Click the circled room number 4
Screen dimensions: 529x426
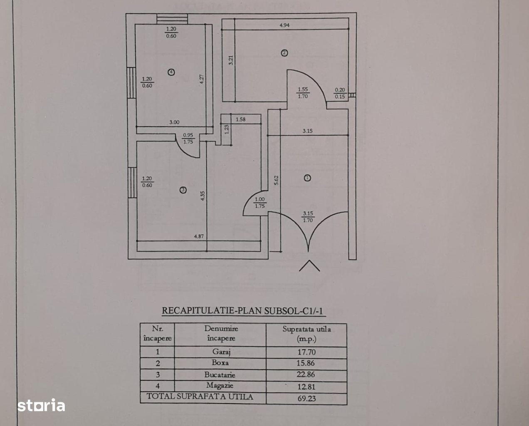(x=171, y=72)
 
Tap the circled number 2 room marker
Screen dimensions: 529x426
(x=284, y=53)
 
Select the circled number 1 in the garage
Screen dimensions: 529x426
(x=307, y=178)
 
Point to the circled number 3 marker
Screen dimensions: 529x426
(x=183, y=190)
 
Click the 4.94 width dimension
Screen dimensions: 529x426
(x=284, y=25)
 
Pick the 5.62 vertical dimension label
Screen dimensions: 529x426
(x=276, y=180)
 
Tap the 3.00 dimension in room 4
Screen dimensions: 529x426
(x=174, y=122)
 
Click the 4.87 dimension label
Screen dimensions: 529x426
(x=199, y=236)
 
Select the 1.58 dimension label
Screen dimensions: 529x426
(x=240, y=119)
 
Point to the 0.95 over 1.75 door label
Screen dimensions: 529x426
(x=188, y=138)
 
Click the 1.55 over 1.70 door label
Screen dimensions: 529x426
(x=303, y=93)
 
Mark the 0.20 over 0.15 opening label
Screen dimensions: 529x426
(x=340, y=93)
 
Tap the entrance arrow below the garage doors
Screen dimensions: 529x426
(x=309, y=265)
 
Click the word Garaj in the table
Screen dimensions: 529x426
(x=221, y=352)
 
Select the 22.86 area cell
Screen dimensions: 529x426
(x=306, y=374)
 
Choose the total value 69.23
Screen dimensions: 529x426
(x=307, y=398)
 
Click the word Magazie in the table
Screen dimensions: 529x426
(x=220, y=385)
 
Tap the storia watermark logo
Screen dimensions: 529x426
(x=41, y=405)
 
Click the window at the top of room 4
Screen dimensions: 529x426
(x=172, y=19)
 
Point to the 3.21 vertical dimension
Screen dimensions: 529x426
(x=230, y=60)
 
